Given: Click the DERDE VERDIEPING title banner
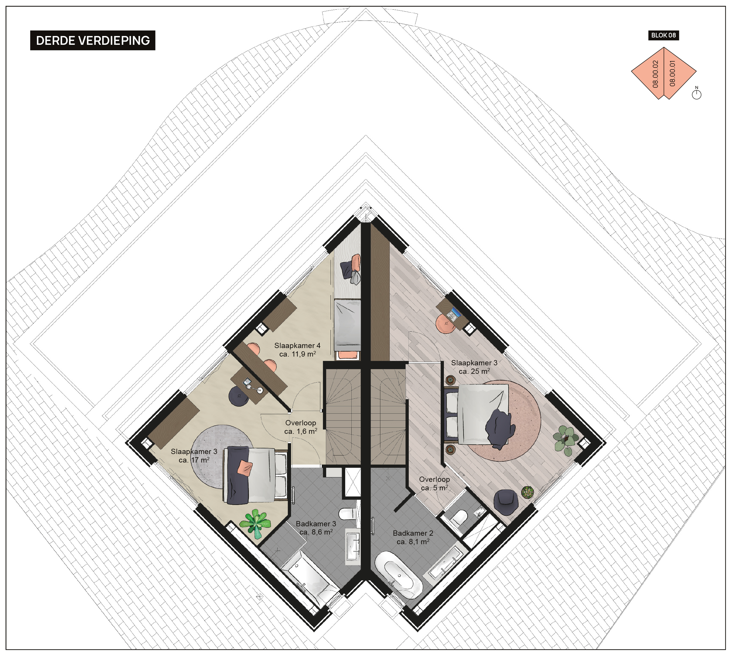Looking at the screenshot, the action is (93, 40).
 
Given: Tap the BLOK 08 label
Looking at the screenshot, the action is (663, 35).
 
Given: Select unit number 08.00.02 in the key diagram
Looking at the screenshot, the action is (656, 74).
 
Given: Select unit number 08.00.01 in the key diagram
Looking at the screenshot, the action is (673, 73).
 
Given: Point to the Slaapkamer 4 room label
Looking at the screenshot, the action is (297, 350).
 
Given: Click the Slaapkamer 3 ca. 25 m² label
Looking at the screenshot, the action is (474, 367).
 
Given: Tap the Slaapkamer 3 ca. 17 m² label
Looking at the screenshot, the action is (194, 455).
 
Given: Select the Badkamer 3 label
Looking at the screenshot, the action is (316, 528).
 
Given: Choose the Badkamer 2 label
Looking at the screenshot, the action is (413, 537).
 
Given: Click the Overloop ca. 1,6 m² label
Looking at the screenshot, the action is (301, 427).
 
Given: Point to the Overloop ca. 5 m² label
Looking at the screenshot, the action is (435, 484).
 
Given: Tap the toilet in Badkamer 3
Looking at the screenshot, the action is (347, 513).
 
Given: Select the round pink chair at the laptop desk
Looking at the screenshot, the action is (445, 324).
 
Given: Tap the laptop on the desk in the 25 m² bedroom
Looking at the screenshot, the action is (454, 315).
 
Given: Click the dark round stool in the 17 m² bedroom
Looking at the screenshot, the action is (239, 396).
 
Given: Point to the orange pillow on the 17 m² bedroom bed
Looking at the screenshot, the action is (245, 468).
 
